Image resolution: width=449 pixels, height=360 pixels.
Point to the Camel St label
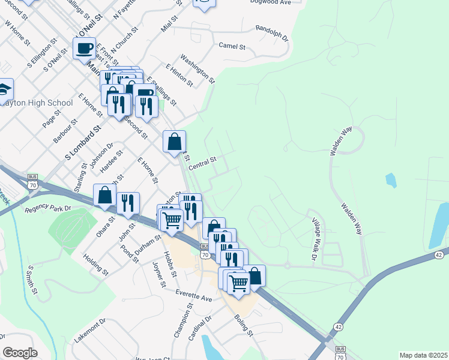coord(232,46)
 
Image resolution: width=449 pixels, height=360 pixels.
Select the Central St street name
coord(202,163)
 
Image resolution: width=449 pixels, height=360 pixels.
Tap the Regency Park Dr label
coord(48,209)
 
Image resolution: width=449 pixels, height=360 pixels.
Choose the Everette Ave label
coord(194,295)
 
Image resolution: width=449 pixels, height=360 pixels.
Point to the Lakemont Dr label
coord(90,331)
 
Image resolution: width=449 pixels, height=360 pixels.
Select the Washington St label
coord(197,69)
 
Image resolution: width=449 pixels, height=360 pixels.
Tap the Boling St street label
coord(244,325)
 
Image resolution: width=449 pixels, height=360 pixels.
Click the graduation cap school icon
coord(5,90)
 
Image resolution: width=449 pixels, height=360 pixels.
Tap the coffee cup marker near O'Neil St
coord(84,47)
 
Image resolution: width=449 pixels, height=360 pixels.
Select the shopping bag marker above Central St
coord(174,142)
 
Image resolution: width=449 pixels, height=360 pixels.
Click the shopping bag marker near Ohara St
coord(105,195)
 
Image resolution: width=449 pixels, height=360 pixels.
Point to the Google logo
coord(20,353)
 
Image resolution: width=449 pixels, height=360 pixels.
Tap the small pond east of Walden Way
coord(391,179)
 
